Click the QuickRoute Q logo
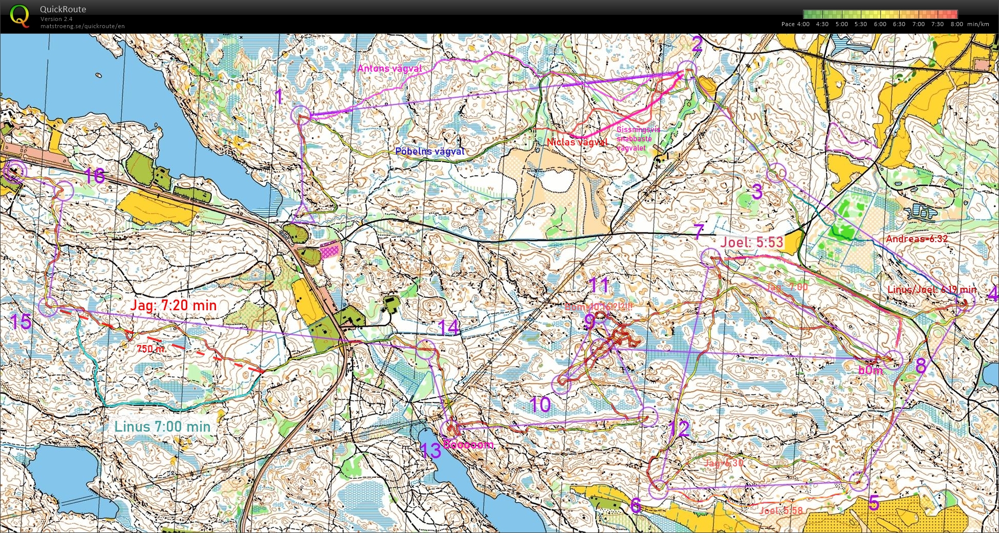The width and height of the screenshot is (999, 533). point(20,15)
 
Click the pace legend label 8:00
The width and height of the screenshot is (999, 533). point(957,24)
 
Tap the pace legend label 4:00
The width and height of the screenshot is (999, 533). point(803,24)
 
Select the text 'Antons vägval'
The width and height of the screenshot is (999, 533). point(389,69)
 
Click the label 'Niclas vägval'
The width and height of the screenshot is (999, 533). point(577,142)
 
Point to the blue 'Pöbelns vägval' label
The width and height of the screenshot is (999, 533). point(430,152)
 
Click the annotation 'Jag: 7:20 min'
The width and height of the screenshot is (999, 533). point(173,306)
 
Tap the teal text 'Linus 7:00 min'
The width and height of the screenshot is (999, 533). point(162,427)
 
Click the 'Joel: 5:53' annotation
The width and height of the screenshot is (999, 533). point(751,242)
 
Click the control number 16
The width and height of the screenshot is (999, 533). point(95,176)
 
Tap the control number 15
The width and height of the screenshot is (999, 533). point(21,322)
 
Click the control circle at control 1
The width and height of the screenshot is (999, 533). point(300,115)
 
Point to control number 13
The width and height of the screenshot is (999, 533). point(430,451)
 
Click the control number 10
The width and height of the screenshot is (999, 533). point(539,405)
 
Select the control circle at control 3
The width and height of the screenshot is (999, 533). point(776,173)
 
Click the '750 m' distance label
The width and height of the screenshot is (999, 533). point(150,349)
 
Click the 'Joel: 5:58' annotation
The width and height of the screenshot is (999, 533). point(781,510)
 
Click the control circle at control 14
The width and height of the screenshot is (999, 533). point(426,350)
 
